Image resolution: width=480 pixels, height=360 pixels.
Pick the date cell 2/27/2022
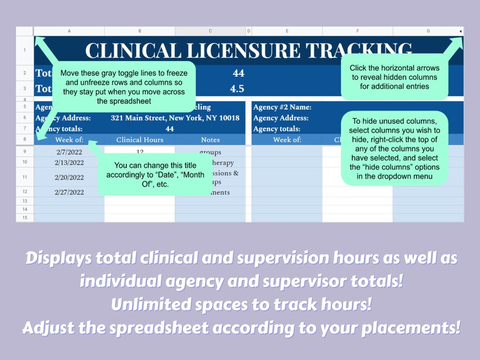[x=69, y=192]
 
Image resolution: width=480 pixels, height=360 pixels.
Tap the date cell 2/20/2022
[x=69, y=178]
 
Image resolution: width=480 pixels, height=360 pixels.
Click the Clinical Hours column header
[x=140, y=140]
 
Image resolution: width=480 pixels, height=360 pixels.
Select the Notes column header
[x=210, y=140]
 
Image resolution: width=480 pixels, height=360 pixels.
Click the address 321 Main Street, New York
[x=175, y=118]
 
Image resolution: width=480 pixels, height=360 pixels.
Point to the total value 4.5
[x=238, y=88]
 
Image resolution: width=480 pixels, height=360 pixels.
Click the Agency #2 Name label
[x=282, y=107]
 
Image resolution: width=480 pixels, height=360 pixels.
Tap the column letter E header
[x=287, y=31]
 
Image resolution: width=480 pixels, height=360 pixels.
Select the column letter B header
[x=140, y=31]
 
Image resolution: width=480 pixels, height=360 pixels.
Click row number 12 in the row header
[x=24, y=192]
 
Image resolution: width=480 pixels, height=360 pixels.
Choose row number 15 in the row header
[x=24, y=217]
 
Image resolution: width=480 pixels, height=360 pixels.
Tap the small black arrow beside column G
[x=460, y=31]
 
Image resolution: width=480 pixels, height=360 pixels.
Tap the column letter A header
[x=69, y=31]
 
